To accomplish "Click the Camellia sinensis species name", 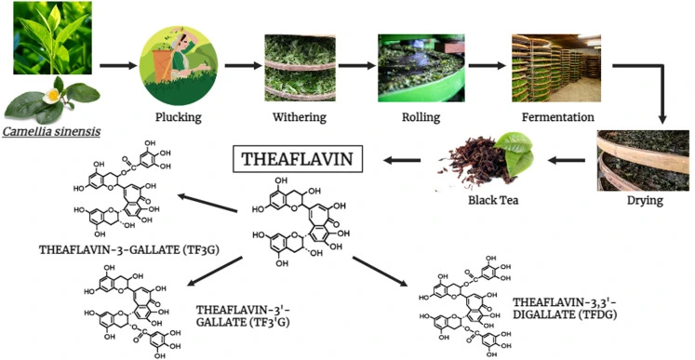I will coord(51,131).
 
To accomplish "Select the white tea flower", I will coord(57,96).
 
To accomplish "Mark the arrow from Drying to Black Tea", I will coord(568,160).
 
